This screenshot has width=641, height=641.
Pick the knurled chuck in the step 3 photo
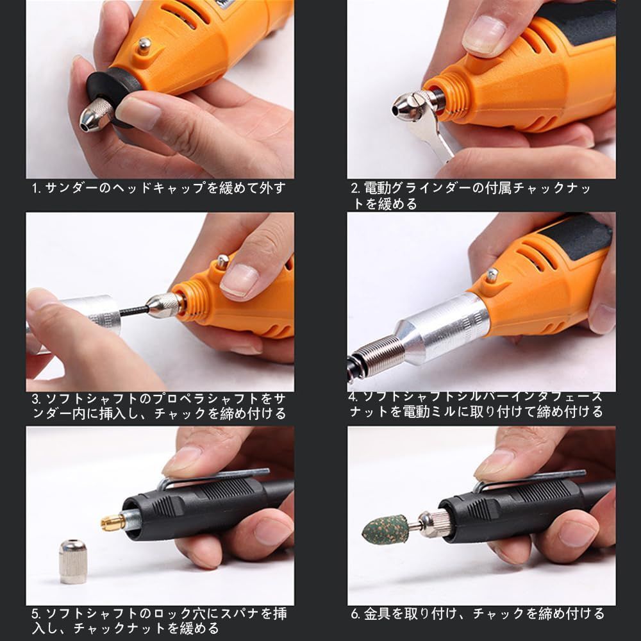click(x=164, y=305)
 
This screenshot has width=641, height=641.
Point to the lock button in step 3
click(x=222, y=262)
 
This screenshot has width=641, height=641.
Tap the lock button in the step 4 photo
click(x=492, y=275)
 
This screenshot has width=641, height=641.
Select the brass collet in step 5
click(x=113, y=522)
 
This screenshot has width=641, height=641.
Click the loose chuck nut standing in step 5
click(x=72, y=562)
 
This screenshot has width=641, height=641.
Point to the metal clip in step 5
click(x=213, y=478)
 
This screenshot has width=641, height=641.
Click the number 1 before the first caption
click(x=35, y=188)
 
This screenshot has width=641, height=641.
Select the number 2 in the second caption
click(x=354, y=188)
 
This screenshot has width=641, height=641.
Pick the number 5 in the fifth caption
click(x=35, y=613)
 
